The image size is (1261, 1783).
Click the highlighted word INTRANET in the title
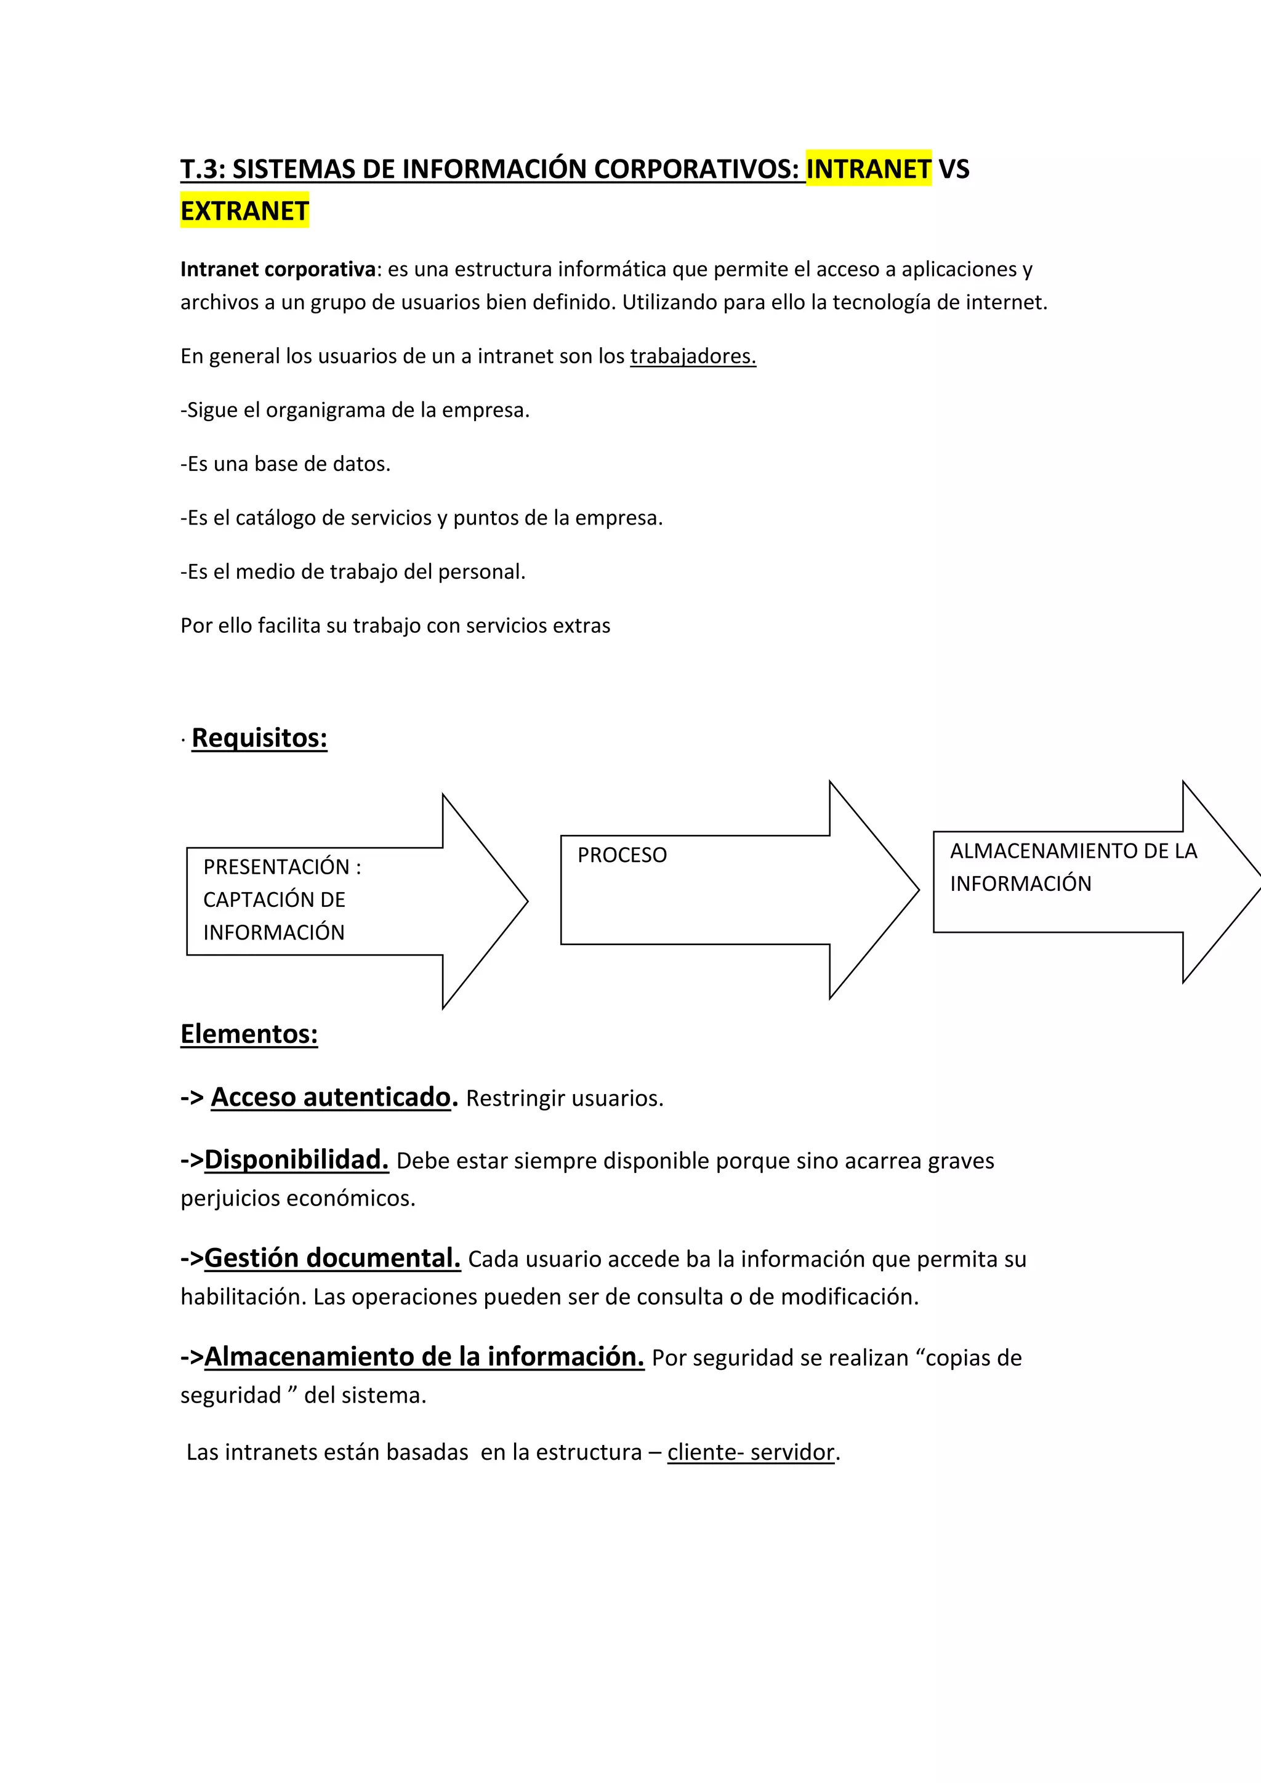pos(868,169)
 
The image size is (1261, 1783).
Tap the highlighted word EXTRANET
pos(244,211)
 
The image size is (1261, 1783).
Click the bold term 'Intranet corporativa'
pos(278,270)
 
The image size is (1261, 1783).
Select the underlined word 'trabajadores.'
pos(693,356)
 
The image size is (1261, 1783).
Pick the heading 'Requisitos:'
pos(259,738)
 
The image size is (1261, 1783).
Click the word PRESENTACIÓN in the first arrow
pos(276,867)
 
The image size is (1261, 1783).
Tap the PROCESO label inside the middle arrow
pos(622,855)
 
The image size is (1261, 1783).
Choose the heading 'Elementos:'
pos(249,1034)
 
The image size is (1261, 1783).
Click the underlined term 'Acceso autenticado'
pos(331,1097)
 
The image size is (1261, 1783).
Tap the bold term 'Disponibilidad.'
pos(296,1159)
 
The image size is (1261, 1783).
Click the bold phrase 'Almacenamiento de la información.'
pos(424,1357)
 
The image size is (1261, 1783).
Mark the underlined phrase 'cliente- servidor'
pos(750,1452)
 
